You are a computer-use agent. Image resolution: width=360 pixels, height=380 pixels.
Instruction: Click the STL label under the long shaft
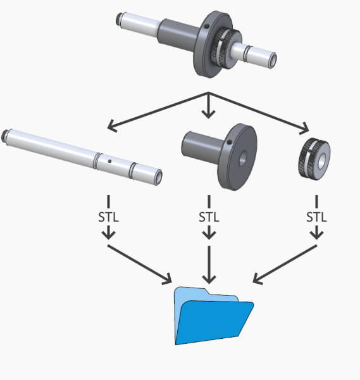(108, 217)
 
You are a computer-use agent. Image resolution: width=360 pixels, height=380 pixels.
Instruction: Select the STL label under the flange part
(209, 217)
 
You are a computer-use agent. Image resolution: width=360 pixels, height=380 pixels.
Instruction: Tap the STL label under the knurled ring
(316, 217)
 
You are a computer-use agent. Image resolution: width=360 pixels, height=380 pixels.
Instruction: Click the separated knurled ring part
(314, 158)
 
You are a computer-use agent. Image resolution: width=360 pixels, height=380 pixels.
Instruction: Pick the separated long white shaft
(82, 157)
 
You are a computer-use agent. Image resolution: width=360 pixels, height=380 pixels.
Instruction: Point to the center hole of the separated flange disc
(243, 159)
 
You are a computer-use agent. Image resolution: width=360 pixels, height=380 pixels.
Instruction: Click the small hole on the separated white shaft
(109, 161)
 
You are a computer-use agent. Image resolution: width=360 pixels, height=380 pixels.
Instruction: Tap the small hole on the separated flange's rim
(229, 142)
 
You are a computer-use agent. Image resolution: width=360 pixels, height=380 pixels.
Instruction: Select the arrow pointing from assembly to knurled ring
(258, 113)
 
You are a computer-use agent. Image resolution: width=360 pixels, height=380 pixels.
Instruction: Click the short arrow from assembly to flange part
(209, 105)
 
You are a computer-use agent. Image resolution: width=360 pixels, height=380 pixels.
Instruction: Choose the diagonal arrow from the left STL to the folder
(140, 264)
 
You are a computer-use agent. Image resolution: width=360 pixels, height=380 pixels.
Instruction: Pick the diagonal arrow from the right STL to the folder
(285, 264)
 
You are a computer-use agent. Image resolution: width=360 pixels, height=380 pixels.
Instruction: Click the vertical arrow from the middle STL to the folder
(209, 265)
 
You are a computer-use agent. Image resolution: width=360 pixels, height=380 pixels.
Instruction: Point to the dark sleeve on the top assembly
(178, 34)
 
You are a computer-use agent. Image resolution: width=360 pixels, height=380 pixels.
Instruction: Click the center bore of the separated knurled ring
(321, 161)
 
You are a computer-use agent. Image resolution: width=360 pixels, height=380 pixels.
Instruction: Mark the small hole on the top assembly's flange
(206, 26)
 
